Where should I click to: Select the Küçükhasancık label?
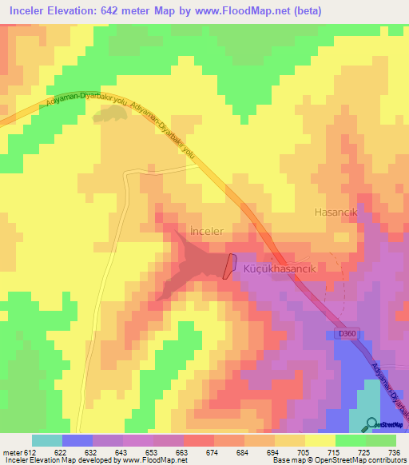[280, 270]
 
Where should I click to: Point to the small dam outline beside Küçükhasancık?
[229, 266]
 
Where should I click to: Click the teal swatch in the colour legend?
[47, 440]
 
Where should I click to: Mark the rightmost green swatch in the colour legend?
[381, 440]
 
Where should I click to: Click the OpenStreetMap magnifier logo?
[371, 424]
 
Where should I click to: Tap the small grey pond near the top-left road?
[109, 115]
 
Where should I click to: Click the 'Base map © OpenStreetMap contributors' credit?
[336, 460]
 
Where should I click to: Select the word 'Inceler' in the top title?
[29, 10]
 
